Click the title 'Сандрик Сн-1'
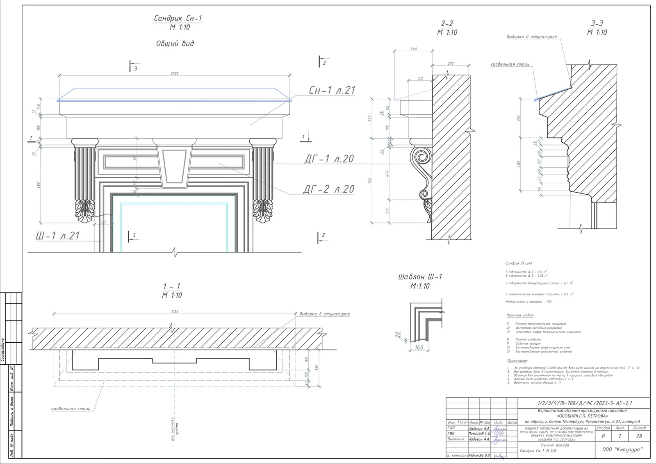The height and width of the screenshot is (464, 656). pos(178,18)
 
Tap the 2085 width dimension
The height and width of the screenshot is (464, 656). pos(175,73)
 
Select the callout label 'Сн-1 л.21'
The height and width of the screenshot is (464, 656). pos(332,91)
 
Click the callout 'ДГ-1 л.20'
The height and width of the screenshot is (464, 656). pos(329,159)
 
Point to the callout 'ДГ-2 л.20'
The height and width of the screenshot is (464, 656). pos(329,189)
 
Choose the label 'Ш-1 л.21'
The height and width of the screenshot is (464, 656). pos(57,236)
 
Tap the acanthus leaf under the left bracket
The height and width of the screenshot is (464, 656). pos(85,211)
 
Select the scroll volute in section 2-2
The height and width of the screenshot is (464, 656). pos(421,157)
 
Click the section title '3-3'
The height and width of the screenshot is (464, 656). pos(597,24)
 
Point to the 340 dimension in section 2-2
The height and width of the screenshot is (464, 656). pos(413,49)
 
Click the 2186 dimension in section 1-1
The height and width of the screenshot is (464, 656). pos(175,312)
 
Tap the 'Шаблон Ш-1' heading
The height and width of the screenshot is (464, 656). pos(420,277)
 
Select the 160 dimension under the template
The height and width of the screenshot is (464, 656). pos(419,348)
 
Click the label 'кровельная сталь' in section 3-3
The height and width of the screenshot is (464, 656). pos(510,64)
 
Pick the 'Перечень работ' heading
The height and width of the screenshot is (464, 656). pos(520,316)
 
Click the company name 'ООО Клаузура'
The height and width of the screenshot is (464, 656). pos(622,450)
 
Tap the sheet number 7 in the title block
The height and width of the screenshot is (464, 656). pos(620,437)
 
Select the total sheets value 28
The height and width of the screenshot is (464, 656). pos(639,437)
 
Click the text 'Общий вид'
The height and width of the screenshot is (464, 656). pos(175,43)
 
